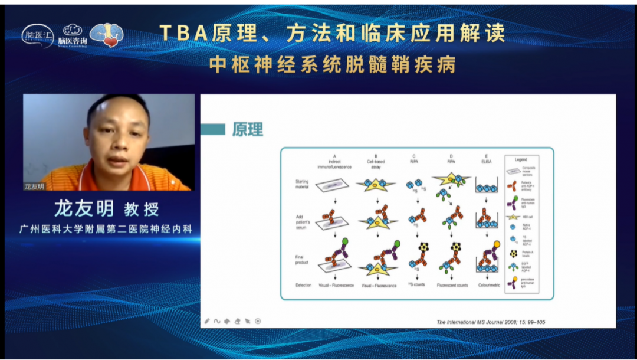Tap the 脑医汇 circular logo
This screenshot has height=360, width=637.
pyautogui.click(x=38, y=35)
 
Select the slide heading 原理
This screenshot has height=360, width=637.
pyautogui.click(x=247, y=130)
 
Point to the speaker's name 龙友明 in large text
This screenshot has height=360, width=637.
pyautogui.click(x=84, y=208)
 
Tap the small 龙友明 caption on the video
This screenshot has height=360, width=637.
pyautogui.click(x=34, y=186)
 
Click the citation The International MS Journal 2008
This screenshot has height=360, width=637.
pyautogui.click(x=490, y=322)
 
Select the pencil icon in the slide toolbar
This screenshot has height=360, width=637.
pyautogui.click(x=207, y=321)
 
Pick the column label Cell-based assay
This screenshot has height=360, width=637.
pyautogui.click(x=376, y=164)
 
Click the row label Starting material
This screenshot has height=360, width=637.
pyautogui.click(x=303, y=184)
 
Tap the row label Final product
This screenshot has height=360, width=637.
pyautogui.click(x=303, y=260)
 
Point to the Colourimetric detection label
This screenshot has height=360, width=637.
pyautogui.click(x=485, y=286)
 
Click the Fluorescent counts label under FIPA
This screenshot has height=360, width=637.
pyautogui.click(x=452, y=286)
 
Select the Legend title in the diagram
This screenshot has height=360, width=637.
pyautogui.click(x=521, y=159)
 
